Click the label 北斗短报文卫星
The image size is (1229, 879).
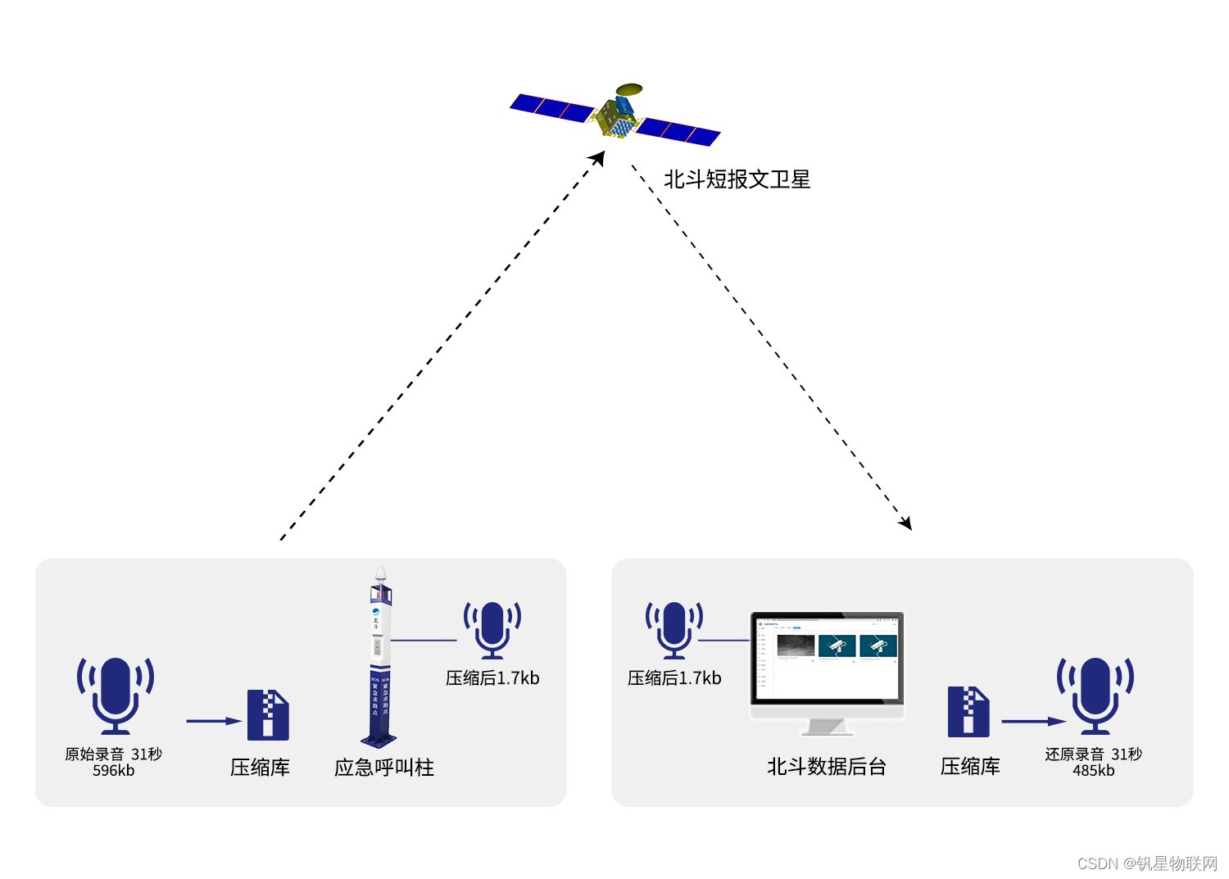click(737, 179)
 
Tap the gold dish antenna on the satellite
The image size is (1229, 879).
click(629, 88)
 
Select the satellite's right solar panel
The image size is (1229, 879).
click(678, 131)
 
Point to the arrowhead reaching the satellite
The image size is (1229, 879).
click(599, 157)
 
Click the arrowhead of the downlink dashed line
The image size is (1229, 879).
click(905, 523)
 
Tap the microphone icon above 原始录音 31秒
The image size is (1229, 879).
click(116, 695)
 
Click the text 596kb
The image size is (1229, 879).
click(113, 771)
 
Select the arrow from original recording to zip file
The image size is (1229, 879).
click(213, 721)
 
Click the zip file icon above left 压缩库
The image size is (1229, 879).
click(269, 714)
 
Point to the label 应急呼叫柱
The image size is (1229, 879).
click(383, 768)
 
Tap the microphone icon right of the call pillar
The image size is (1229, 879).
click(492, 629)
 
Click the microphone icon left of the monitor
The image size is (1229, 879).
click(674, 629)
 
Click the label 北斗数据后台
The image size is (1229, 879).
click(826, 767)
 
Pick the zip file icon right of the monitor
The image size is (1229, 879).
click(968, 712)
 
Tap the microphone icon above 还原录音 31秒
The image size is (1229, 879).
click(1095, 695)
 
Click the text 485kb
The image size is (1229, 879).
click(1093, 771)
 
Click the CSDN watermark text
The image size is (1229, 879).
click(1147, 863)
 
